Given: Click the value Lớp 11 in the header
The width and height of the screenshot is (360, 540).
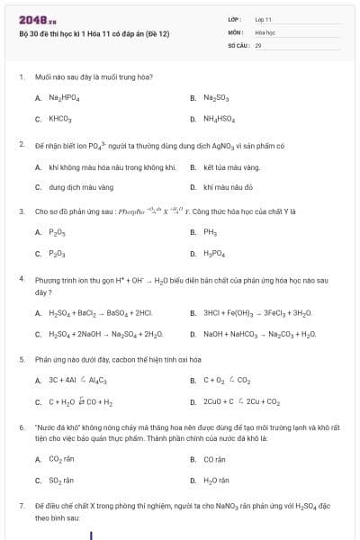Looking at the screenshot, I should click(263, 19).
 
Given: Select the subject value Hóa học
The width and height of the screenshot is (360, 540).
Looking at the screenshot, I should click(265, 31).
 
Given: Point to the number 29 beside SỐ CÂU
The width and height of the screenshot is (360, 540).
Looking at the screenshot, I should click(258, 44).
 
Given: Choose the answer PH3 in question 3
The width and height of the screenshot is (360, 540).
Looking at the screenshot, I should click(211, 232).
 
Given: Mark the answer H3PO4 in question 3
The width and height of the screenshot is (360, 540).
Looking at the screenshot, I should click(214, 254).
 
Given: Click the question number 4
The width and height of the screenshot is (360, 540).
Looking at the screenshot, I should click(21, 279).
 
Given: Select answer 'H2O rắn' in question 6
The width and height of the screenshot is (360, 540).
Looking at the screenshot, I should click(216, 481).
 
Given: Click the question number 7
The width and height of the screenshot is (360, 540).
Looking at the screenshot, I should click(21, 507).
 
